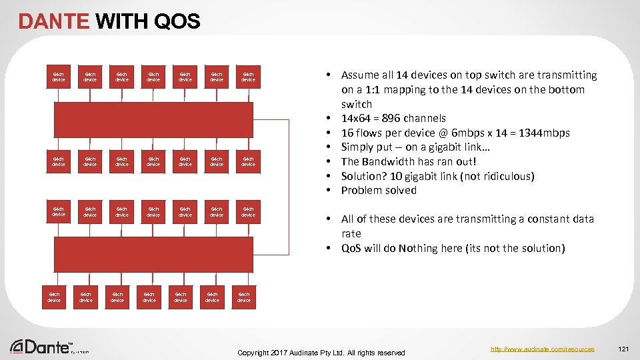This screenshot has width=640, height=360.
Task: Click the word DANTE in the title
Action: [54, 22]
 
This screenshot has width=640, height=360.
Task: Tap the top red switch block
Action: [154, 119]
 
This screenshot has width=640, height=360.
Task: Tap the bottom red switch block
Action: [154, 253]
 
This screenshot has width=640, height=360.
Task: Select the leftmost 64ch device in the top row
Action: [59, 77]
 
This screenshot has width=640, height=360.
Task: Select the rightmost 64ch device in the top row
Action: [248, 77]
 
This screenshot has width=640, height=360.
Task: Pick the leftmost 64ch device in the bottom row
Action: [54, 297]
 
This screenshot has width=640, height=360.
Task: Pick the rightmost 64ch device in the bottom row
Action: [244, 297]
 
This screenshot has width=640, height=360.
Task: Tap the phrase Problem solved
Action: [379, 191]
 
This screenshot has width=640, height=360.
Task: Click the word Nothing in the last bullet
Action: [419, 249]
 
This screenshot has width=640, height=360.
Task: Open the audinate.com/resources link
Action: [542, 349]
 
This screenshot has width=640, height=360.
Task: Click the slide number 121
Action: [623, 349]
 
